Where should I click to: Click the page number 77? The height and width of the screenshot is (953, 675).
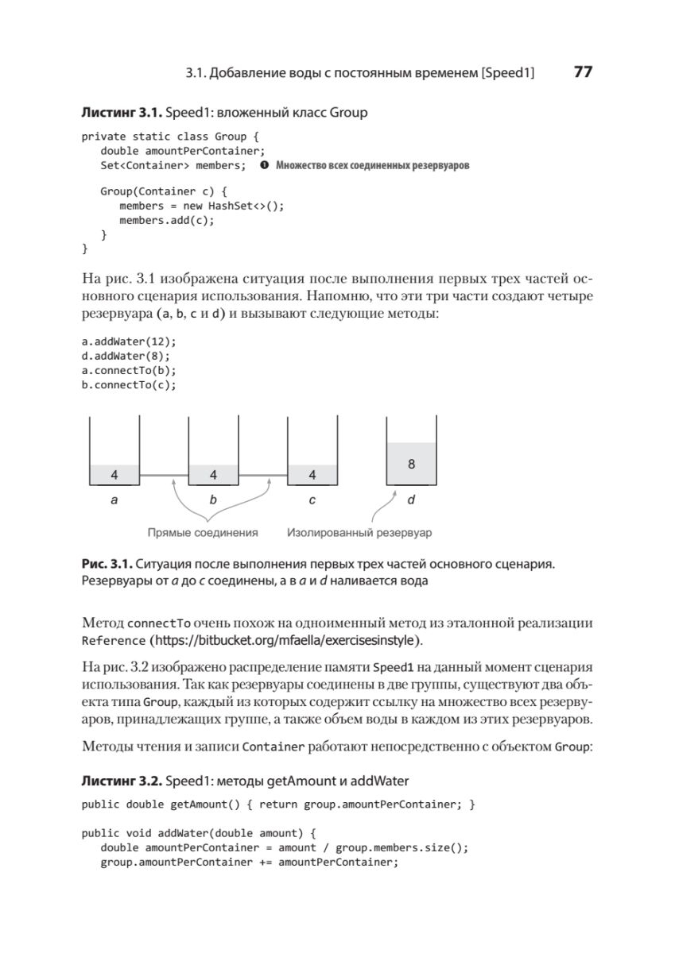point(582,72)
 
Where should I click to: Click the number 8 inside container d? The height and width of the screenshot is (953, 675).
point(411,464)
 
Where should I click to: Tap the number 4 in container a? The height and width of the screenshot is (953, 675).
point(114,475)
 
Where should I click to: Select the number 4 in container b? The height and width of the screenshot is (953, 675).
point(213,475)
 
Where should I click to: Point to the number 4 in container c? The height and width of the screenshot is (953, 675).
point(312,475)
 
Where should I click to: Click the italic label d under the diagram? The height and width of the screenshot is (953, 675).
point(411,500)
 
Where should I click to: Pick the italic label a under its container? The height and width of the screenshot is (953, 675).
point(114,500)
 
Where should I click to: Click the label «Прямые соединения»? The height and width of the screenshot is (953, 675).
point(203,532)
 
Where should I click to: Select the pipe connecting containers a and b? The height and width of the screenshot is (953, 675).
point(164,476)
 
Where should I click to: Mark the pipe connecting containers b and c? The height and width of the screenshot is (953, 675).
point(262,476)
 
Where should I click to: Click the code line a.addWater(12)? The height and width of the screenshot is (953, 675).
point(130,342)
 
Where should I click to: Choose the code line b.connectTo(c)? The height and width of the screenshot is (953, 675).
point(130,385)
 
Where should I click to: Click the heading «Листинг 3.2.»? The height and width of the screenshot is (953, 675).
point(122,781)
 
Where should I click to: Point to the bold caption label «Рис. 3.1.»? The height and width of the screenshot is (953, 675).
point(107,564)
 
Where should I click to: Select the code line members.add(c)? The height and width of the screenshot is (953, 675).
point(167,220)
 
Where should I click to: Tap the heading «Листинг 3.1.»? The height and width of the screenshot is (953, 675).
point(122,113)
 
